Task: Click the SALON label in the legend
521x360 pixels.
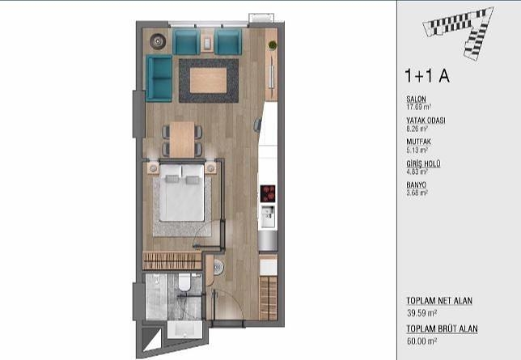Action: (416, 99)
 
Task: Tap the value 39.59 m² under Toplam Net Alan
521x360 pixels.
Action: (422, 313)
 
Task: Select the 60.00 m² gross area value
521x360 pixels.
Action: (422, 341)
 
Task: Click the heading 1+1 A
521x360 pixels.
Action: (427, 76)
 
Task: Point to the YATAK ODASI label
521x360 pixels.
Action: (426, 121)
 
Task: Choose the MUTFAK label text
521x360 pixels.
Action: (419, 142)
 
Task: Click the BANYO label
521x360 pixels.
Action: (417, 184)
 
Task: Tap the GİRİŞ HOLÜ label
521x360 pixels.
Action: (423, 163)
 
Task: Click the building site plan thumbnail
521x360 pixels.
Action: (458, 32)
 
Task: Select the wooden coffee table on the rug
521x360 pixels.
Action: (209, 80)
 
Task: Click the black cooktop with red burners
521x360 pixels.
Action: (268, 194)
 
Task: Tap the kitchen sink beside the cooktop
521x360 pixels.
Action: (268, 216)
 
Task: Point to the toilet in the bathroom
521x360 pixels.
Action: (184, 282)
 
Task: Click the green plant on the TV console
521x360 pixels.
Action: (273, 45)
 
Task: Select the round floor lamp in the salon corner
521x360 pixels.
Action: (158, 41)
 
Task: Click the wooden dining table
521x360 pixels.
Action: (182, 140)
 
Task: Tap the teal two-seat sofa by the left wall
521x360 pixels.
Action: (159, 78)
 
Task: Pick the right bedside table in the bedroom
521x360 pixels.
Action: (210, 168)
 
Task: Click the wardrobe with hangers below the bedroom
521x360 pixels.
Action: (172, 260)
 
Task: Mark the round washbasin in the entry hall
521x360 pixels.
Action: (218, 267)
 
